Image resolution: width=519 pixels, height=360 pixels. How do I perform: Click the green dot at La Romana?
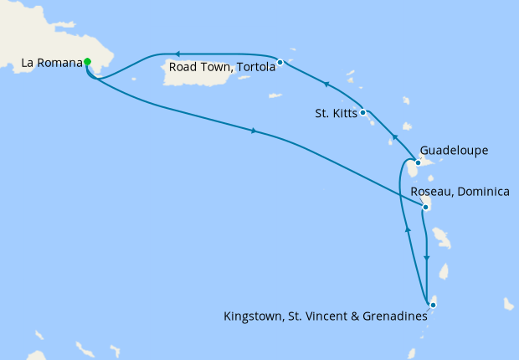pos(87,61)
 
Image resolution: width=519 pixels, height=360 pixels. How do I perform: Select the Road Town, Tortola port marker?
pos(280,62)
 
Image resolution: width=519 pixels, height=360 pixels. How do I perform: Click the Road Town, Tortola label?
pos(222,67)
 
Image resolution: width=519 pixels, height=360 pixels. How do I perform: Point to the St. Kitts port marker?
pos(362,112)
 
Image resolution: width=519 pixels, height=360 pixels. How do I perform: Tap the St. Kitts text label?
pos(335,112)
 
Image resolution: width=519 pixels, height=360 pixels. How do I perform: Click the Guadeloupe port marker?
pos(418,162)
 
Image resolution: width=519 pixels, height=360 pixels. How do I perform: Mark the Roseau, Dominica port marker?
pos(426,207)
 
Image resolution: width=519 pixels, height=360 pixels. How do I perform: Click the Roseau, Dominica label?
pos(460,192)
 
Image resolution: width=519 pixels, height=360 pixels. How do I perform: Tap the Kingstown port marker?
pos(433,305)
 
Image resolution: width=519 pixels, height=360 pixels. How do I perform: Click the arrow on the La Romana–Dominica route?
pos(253,131)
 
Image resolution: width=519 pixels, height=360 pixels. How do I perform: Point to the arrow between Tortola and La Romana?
pos(178,54)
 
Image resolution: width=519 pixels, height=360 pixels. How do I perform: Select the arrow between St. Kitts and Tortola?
pos(326,85)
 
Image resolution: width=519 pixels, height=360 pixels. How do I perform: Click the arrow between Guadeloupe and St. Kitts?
pos(393,136)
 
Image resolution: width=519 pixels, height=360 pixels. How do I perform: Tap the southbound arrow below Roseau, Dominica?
pos(427,258)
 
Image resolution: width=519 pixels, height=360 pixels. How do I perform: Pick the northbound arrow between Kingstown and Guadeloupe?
pos(408,228)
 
